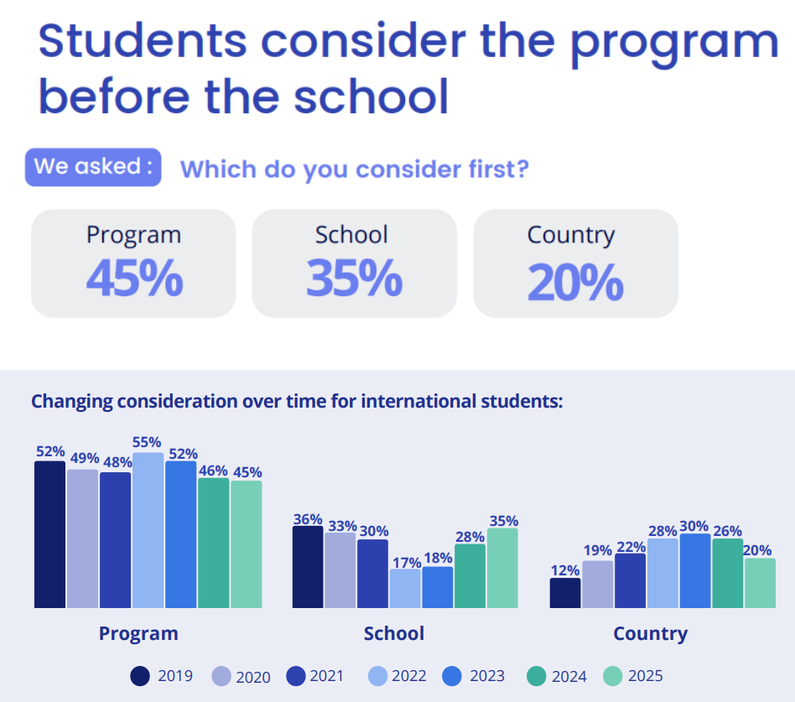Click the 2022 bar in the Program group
[x=148, y=530]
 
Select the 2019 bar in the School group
[x=308, y=567]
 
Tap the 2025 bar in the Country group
[x=760, y=583]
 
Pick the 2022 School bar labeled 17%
[x=405, y=588]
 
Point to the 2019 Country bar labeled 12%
[x=565, y=592]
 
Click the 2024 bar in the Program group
[x=214, y=543]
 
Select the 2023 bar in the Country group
[x=695, y=570]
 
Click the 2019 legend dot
[x=140, y=676]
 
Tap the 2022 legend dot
[x=377, y=676]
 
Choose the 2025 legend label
[x=646, y=676]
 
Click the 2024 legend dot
[x=537, y=676]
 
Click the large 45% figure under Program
[x=134, y=278]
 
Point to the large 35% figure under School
[x=355, y=278]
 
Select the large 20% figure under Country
[x=575, y=282]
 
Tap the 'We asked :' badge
[x=93, y=167]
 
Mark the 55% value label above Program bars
[x=147, y=442]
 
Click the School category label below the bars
[x=394, y=633]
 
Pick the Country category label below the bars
[x=651, y=634]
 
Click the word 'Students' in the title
[x=143, y=40]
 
